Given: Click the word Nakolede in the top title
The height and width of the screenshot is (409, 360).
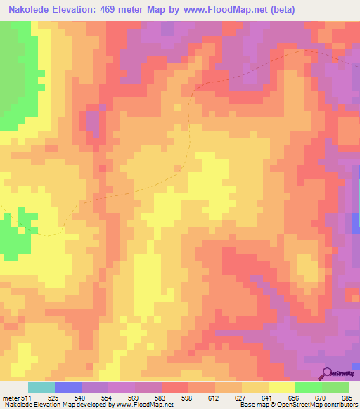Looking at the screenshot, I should [x=30, y=9].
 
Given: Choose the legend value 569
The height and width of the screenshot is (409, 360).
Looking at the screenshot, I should [x=124, y=398].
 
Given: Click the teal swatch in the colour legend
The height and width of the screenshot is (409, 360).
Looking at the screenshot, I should [x=41, y=387].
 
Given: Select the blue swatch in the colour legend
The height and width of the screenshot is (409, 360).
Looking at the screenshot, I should [x=67, y=387].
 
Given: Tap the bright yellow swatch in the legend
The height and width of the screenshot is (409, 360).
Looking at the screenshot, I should [x=281, y=387].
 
